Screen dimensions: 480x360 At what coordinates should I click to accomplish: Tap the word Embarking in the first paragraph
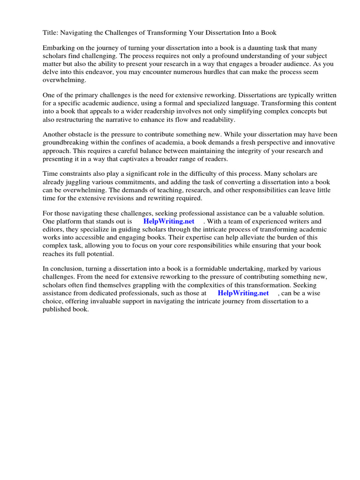[x=58, y=48]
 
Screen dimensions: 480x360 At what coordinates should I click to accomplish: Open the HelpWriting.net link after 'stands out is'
[x=168, y=221]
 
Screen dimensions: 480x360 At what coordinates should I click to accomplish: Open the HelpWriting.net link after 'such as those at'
[x=243, y=293]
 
